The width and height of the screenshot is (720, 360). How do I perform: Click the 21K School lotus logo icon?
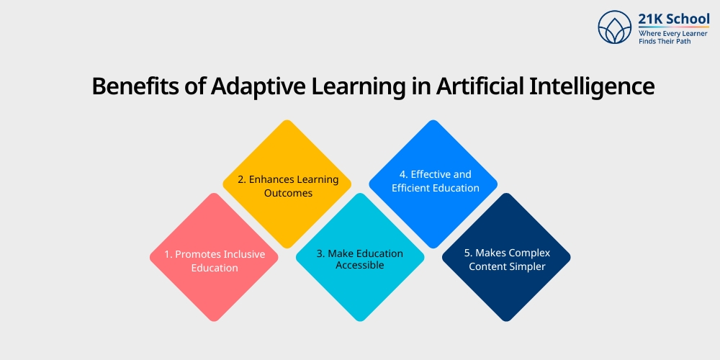pos(614,28)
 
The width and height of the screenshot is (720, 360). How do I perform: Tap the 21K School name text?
pos(673,19)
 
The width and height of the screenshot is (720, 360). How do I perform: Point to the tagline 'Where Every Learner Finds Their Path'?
pos(673,37)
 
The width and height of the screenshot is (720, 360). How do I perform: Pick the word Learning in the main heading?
pos(360,86)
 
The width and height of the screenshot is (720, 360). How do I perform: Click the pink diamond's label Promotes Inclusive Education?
pos(215,261)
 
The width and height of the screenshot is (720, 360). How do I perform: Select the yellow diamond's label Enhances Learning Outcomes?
pos(287,186)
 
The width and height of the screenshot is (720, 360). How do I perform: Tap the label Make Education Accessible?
pos(360,259)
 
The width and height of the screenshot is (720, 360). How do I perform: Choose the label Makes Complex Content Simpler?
pos(507,259)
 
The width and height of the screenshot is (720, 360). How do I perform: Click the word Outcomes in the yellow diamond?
pos(287,193)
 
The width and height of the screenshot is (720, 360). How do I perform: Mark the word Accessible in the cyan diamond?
pos(360,265)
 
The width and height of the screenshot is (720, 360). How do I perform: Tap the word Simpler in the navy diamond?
pos(526,266)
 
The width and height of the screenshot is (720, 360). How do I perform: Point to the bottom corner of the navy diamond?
pos(506,321)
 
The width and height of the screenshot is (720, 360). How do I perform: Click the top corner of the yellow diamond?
pos(287,120)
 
